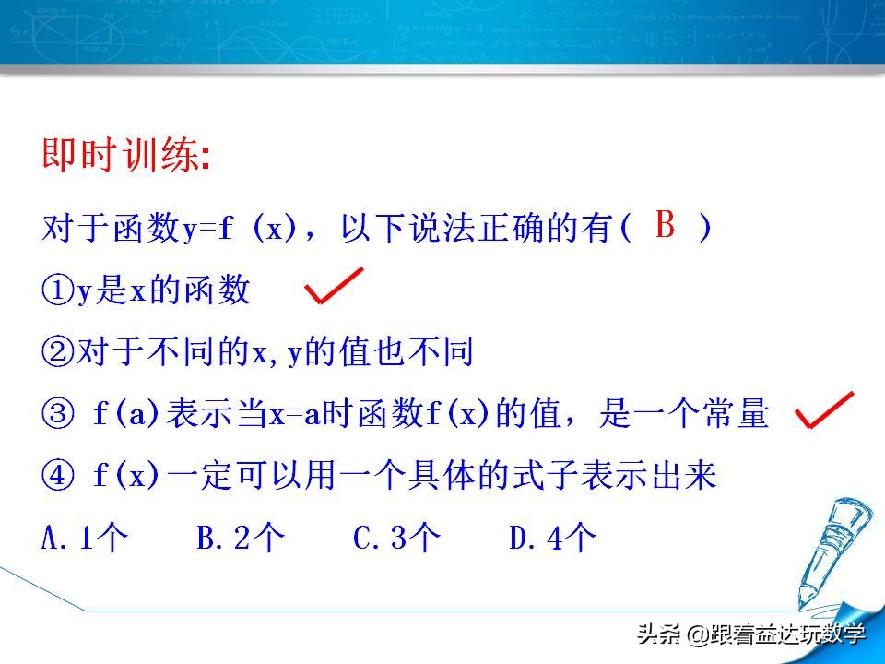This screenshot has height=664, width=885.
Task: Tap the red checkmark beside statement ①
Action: pyautogui.click(x=334, y=286)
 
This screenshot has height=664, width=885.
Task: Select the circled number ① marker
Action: pyautogui.click(x=57, y=290)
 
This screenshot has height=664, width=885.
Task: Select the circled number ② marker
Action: pyautogui.click(x=57, y=352)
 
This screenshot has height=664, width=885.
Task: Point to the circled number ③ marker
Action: pyautogui.click(x=57, y=415)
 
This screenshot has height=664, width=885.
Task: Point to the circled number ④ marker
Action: pyautogui.click(x=57, y=478)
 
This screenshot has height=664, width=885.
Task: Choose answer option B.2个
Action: pyautogui.click(x=241, y=539)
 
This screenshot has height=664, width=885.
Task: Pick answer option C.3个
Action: pyautogui.click(x=397, y=539)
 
